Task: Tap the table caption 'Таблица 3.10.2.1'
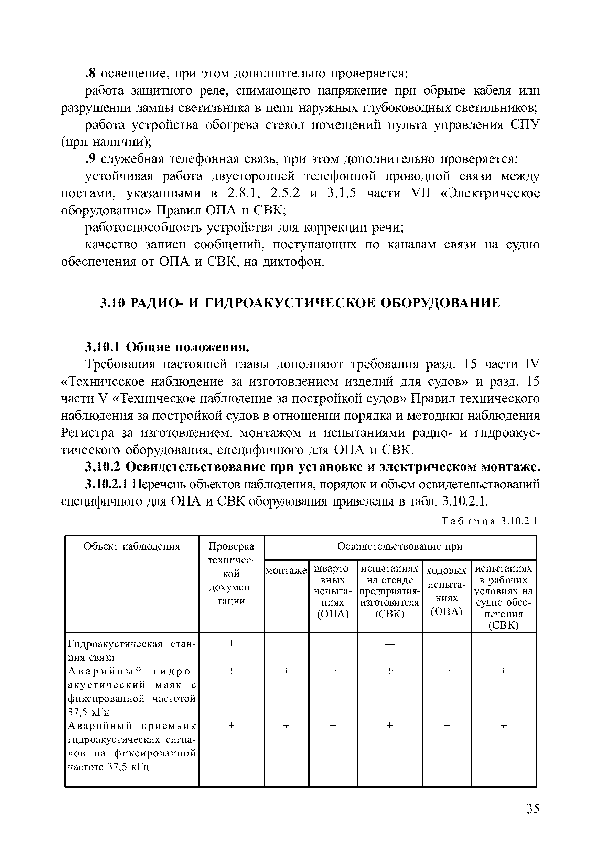[490, 521]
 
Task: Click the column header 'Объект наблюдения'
[131, 546]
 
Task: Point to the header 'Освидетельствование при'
[400, 546]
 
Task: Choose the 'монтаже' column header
[286, 571]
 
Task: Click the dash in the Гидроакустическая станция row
[389, 643]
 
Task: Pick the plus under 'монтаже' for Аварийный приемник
[286, 725]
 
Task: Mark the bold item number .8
[90, 74]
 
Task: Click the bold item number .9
[90, 159]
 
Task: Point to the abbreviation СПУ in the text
[525, 125]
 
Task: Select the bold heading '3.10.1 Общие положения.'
[167, 347]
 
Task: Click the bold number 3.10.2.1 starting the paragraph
[107, 484]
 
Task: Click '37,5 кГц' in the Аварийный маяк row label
[89, 712]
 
